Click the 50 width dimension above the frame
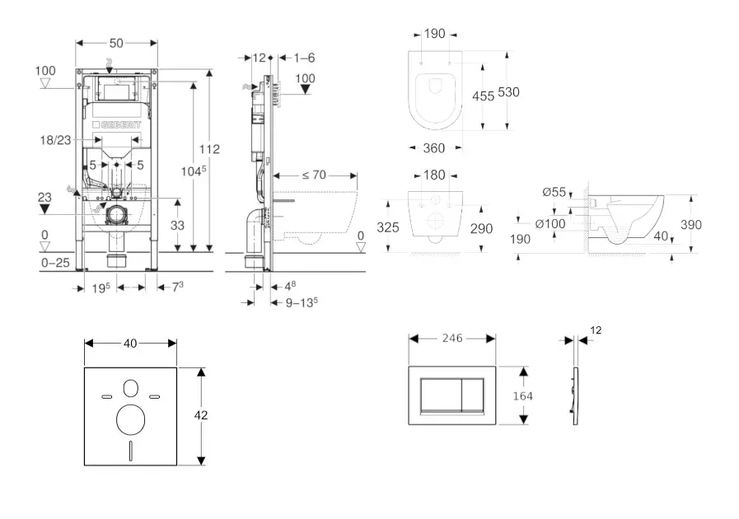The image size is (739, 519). [x=116, y=41]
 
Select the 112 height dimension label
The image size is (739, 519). [x=209, y=149]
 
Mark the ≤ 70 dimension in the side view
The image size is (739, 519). [x=313, y=175]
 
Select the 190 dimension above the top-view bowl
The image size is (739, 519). [x=434, y=34]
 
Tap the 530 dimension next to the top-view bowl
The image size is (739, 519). [x=508, y=93]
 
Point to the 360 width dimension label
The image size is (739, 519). [x=433, y=148]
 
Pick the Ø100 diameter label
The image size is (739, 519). [x=550, y=223]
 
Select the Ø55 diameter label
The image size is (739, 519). [x=554, y=192]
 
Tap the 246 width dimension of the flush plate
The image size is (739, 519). [x=451, y=338]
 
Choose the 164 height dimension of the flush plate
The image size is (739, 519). [x=522, y=395]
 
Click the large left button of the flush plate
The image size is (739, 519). [x=439, y=395]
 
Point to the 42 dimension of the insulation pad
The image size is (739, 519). [x=199, y=415]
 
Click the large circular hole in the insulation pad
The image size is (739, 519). [x=130, y=419]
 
